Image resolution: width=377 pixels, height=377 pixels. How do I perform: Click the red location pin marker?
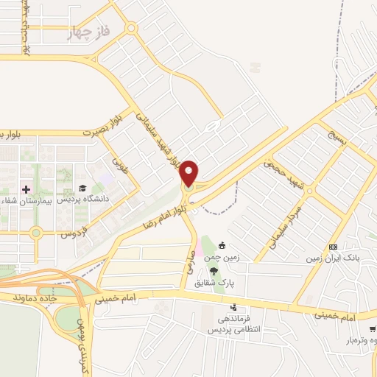click(x=189, y=172)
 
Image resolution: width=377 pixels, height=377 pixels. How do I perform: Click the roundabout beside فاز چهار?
click(x=130, y=29)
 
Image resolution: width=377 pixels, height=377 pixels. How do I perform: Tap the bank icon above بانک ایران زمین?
click(x=334, y=247)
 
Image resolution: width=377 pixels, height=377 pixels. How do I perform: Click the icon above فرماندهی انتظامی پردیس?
click(x=233, y=307)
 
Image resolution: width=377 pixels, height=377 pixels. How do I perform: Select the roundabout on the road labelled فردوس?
click(x=35, y=233)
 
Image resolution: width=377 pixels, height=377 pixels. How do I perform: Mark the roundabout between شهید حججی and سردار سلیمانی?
click(x=310, y=190)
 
